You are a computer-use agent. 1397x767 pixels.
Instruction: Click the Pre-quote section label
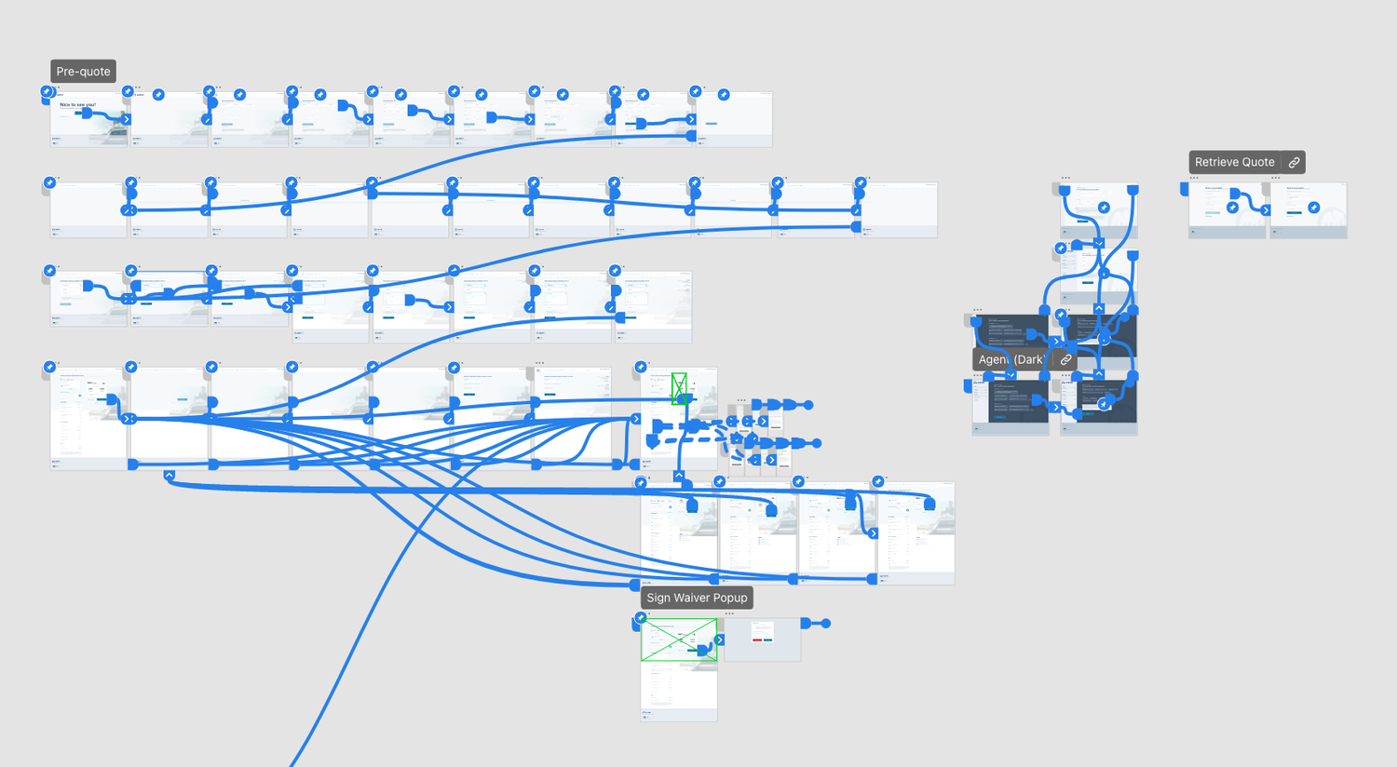pyautogui.click(x=83, y=72)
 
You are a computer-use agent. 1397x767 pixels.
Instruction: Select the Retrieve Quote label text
pyautogui.click(x=1234, y=162)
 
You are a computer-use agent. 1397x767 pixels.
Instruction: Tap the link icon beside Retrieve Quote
pyautogui.click(x=1294, y=162)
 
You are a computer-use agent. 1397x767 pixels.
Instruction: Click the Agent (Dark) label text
pyautogui.click(x=1010, y=359)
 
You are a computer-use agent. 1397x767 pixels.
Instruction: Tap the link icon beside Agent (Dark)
pyautogui.click(x=1065, y=359)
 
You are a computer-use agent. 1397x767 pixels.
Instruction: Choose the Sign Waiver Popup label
pyautogui.click(x=697, y=598)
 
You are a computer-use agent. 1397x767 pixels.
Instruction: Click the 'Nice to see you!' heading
pyautogui.click(x=77, y=105)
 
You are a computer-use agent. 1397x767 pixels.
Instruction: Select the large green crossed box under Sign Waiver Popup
pyautogui.click(x=678, y=640)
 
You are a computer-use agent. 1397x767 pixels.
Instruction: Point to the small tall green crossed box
pyautogui.click(x=679, y=388)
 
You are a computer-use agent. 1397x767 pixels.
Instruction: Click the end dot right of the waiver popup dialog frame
pyautogui.click(x=825, y=624)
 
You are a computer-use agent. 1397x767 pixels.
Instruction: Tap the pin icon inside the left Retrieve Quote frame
pyautogui.click(x=1232, y=208)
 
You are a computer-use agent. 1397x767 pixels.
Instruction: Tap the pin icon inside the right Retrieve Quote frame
pyautogui.click(x=1313, y=208)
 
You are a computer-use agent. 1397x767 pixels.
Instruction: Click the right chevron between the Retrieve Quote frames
pyautogui.click(x=1266, y=210)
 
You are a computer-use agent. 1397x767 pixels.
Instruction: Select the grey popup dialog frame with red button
pyautogui.click(x=762, y=639)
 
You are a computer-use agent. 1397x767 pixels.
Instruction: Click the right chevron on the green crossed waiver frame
pyautogui.click(x=719, y=640)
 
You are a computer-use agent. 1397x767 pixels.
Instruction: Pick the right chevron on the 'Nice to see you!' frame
pyautogui.click(x=127, y=119)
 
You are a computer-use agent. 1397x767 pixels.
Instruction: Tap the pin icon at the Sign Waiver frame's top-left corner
pyautogui.click(x=641, y=618)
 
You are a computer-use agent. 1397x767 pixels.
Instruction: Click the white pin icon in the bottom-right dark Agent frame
pyautogui.click(x=1104, y=404)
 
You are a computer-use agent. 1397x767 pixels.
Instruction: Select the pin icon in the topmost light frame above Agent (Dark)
pyautogui.click(x=1104, y=208)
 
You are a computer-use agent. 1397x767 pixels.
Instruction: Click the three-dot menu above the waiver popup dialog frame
pyautogui.click(x=729, y=613)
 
